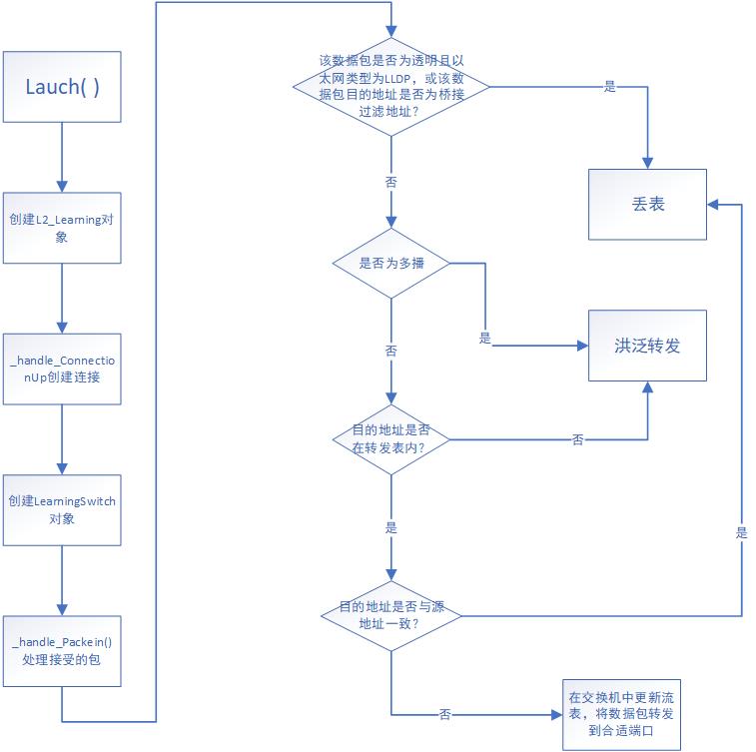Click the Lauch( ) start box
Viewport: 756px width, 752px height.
tap(62, 86)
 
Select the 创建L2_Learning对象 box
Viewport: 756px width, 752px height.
tap(62, 229)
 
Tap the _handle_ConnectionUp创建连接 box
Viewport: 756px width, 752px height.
tap(62, 370)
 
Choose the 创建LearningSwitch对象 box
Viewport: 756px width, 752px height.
tap(62, 510)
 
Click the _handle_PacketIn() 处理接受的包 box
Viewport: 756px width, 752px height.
tap(62, 651)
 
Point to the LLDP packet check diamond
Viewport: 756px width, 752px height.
tap(390, 86)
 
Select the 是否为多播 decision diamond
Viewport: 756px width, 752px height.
tap(390, 264)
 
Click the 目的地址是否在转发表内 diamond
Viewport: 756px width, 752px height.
tap(390, 439)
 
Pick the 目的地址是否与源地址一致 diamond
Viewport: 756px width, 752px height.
tap(390, 615)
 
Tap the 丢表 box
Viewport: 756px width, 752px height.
tap(647, 204)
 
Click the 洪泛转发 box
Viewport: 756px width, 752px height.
tap(647, 346)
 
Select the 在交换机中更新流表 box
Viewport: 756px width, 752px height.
tap(620, 714)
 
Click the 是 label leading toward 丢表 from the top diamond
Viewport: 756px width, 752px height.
tap(610, 87)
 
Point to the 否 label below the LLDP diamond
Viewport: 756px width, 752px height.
tap(389, 183)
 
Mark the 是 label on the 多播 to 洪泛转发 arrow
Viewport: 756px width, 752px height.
tap(485, 339)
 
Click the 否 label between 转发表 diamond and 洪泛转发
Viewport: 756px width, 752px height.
tap(577, 439)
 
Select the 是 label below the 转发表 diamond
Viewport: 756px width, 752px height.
tap(389, 526)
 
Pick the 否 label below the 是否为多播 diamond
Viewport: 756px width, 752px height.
tap(389, 352)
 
